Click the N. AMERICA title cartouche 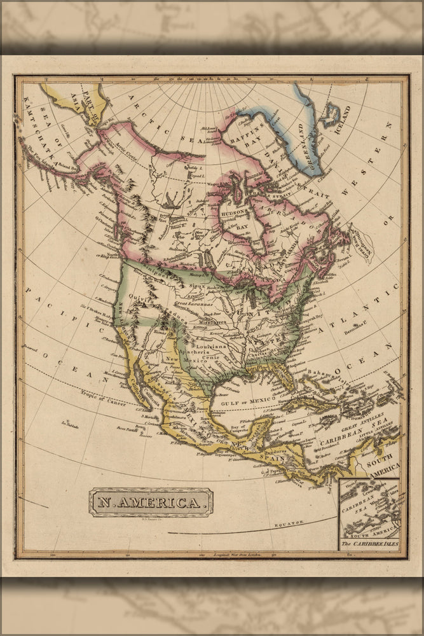[151, 502]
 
